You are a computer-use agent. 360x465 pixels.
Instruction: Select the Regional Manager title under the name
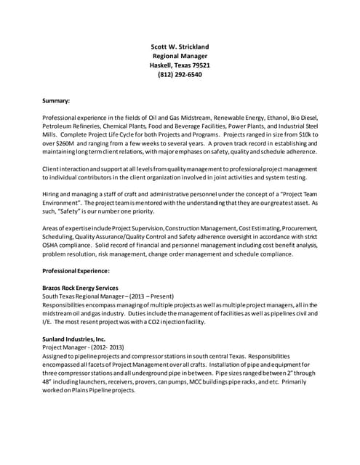click(180, 56)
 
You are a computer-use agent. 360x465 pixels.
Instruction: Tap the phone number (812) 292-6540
click(180, 74)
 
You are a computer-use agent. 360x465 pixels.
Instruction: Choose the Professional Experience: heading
click(76, 270)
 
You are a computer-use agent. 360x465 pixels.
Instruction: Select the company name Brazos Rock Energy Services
click(80, 288)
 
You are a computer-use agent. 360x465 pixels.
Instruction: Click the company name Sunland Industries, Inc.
click(74, 339)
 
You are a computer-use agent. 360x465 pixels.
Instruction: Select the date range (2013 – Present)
click(152, 296)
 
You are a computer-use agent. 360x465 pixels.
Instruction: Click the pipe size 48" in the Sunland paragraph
click(49, 381)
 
